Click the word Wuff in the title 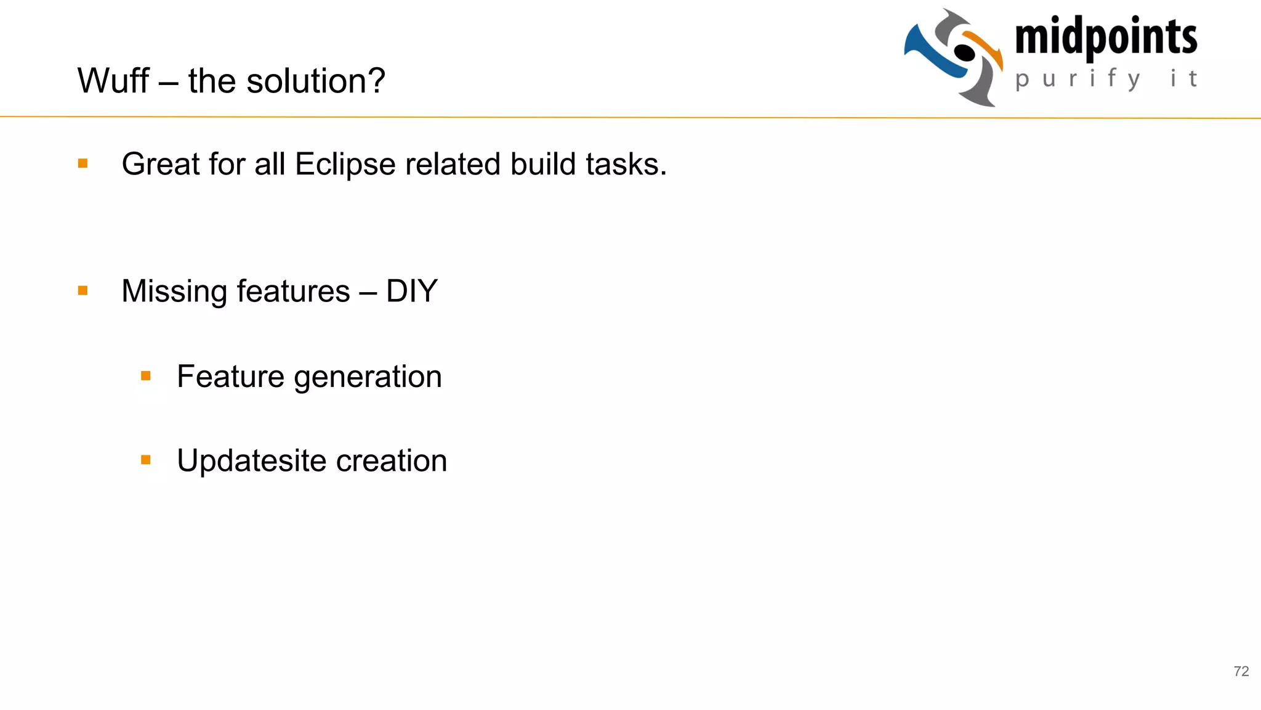pos(113,81)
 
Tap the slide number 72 pos(1241,671)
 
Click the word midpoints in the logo pos(1106,37)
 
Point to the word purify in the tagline pos(1078,79)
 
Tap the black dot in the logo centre pos(964,53)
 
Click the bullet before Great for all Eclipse pos(83,163)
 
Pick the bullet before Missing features pos(83,290)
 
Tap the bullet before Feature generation pos(146,375)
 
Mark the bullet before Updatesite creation pos(146,460)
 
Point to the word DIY pos(411,291)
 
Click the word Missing pos(174,291)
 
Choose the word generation pos(368,377)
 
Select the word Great pos(161,165)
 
